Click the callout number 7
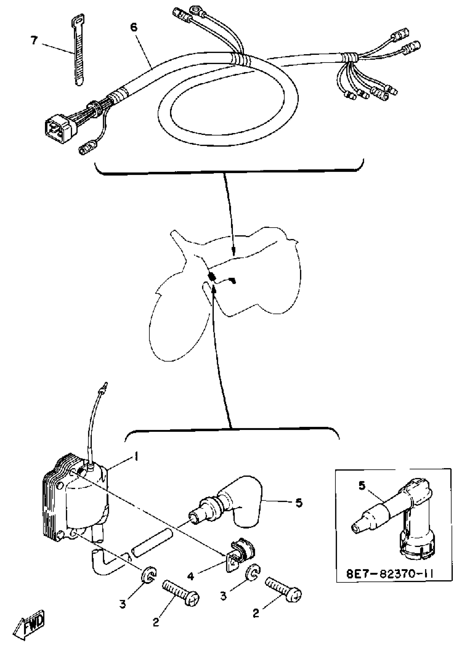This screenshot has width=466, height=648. (34, 41)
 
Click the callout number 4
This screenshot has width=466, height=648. (191, 576)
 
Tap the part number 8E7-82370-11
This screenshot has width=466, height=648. (390, 573)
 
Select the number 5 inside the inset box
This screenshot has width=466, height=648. (362, 486)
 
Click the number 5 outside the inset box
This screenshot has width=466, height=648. (299, 503)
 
